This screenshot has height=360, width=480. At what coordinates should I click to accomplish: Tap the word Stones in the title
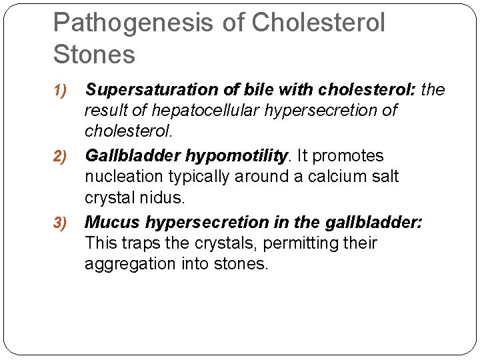pyautogui.click(x=94, y=55)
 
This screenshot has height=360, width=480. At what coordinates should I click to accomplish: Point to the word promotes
pyautogui.click(x=348, y=157)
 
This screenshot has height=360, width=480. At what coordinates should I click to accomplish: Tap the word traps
pyautogui.click(x=145, y=243)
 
